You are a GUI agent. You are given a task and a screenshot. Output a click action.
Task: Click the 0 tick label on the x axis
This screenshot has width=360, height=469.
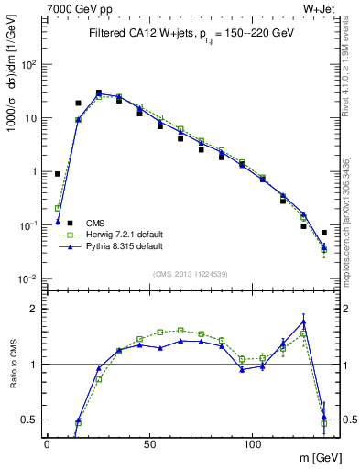47,442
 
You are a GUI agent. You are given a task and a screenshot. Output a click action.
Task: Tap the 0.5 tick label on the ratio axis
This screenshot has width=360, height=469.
28,420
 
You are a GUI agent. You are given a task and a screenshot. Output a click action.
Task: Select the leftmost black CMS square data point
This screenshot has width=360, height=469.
57,173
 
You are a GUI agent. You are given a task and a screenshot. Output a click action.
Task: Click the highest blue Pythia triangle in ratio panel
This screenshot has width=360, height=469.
303,322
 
